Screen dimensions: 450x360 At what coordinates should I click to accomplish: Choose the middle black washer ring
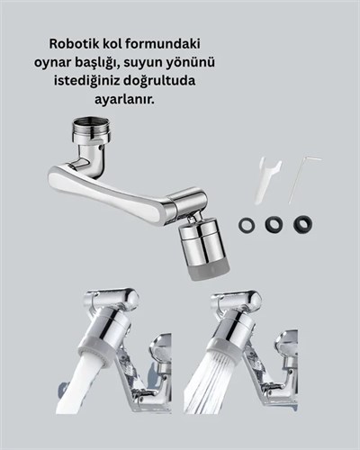(x=274, y=224)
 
